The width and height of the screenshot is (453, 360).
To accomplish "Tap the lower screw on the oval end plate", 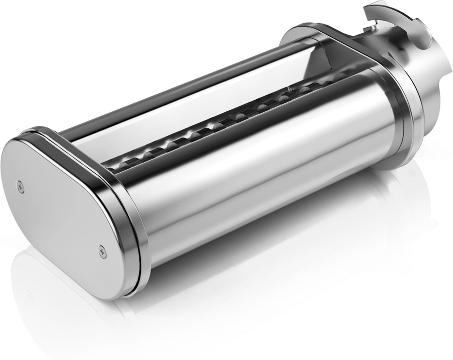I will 103,248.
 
